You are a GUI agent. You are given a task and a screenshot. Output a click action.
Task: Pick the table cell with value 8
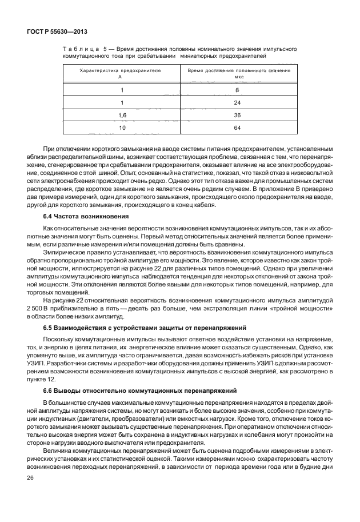[237, 90]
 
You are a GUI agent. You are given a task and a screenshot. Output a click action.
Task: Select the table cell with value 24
[237, 102]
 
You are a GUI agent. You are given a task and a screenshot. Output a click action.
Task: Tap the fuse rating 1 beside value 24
[121, 102]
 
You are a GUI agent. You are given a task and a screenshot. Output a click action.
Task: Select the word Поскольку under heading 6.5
[60, 339]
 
